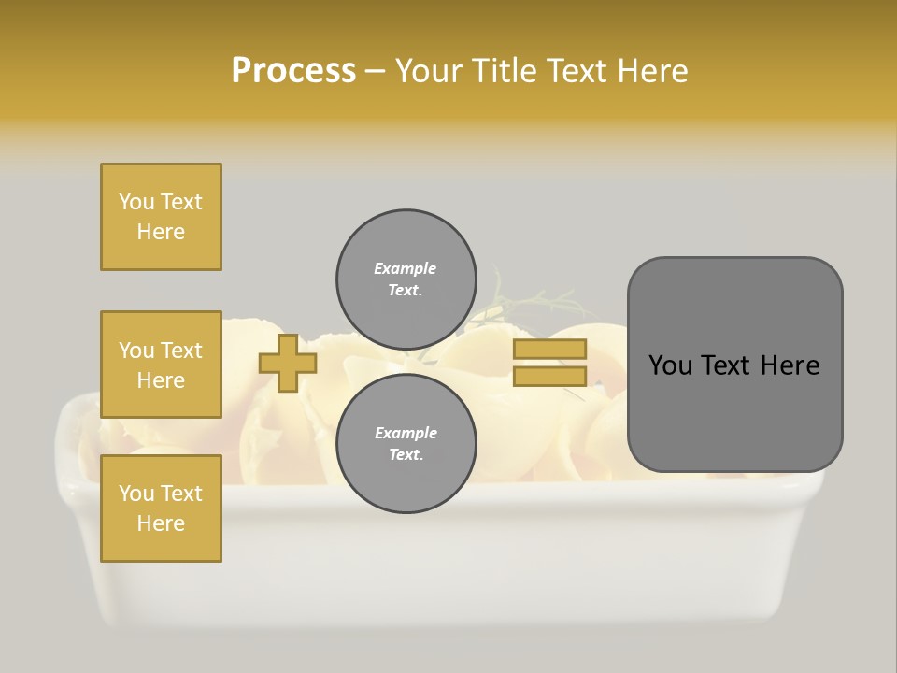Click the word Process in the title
(293, 71)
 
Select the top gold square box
(161, 217)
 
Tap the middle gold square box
(161, 365)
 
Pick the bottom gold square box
(161, 508)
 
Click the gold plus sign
(288, 364)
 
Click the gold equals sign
(549, 363)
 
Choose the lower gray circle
(406, 443)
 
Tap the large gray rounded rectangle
(734, 365)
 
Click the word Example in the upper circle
(406, 268)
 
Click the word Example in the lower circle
(406, 433)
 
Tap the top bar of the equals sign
(549, 350)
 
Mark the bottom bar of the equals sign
(549, 377)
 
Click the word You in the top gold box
(136, 202)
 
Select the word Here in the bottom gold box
(161, 523)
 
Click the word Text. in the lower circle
(406, 455)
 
